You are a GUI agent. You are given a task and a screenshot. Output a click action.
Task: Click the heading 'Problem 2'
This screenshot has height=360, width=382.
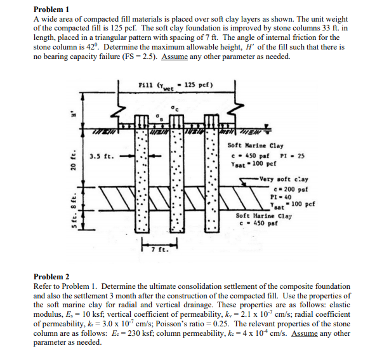(x=51, y=277)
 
